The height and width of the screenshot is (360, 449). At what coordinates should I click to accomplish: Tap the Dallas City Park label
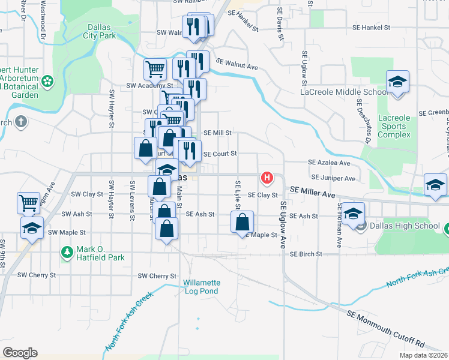[100, 31]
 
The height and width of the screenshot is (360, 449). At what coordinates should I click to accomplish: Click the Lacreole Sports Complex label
[394, 126]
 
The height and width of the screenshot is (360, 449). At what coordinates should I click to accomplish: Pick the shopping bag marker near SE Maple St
[241, 221]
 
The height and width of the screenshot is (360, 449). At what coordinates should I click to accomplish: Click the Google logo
[20, 353]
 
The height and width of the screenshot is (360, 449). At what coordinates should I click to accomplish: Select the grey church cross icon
[21, 123]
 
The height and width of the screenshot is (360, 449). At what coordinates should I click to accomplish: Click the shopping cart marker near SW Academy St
[155, 69]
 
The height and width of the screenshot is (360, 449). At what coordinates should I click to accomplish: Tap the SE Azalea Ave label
[329, 163]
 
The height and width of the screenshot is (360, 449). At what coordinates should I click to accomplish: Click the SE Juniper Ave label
[333, 178]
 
